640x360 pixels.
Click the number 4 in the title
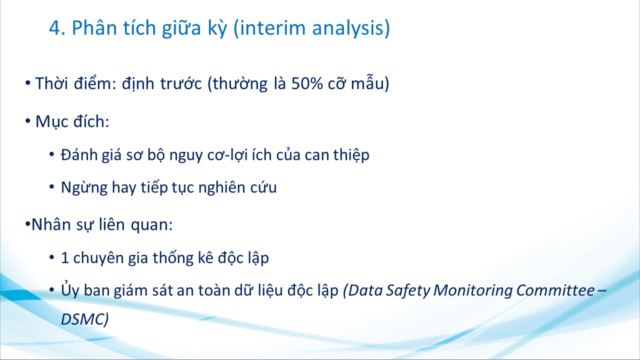pos(55,28)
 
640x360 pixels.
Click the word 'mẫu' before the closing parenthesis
pos(367,83)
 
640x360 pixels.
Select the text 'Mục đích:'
pos(72,121)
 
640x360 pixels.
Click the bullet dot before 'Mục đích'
pos(27,121)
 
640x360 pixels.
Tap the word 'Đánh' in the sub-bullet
pos(79,155)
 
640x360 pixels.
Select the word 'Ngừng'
pos(84,187)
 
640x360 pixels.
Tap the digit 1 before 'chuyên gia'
pos(65,258)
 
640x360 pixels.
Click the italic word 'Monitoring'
pos(472,290)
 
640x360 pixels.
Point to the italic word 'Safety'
pos(408,290)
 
